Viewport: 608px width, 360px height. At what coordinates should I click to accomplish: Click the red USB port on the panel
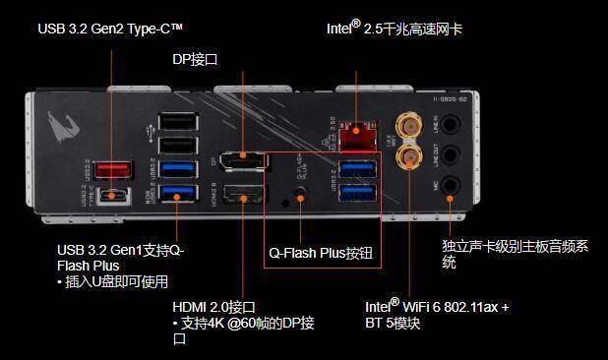(x=111, y=169)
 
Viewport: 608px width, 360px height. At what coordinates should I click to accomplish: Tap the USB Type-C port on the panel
(x=111, y=195)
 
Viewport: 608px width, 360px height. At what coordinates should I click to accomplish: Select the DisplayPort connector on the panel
(x=241, y=159)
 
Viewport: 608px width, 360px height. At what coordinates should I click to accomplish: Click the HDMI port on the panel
(x=241, y=195)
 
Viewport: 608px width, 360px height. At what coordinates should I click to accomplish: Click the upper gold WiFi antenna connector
(x=405, y=124)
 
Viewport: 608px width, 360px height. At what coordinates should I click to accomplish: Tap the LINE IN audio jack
(x=451, y=126)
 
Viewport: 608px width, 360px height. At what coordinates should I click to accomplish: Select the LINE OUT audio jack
(x=451, y=155)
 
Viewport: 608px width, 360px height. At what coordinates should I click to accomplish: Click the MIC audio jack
(x=451, y=185)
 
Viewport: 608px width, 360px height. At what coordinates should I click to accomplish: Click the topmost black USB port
(x=177, y=120)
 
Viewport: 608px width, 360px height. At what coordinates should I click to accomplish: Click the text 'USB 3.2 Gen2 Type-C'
(x=110, y=29)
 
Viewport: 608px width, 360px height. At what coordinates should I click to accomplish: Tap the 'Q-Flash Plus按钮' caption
(x=322, y=251)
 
